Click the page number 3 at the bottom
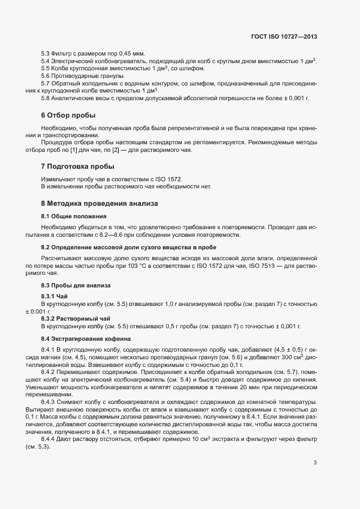(x=315, y=463)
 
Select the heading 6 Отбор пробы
(x=68, y=115)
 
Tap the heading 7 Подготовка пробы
(x=77, y=166)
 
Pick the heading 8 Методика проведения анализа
(x=99, y=203)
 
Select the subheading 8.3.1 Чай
(x=54, y=296)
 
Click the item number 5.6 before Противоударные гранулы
(x=46, y=76)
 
